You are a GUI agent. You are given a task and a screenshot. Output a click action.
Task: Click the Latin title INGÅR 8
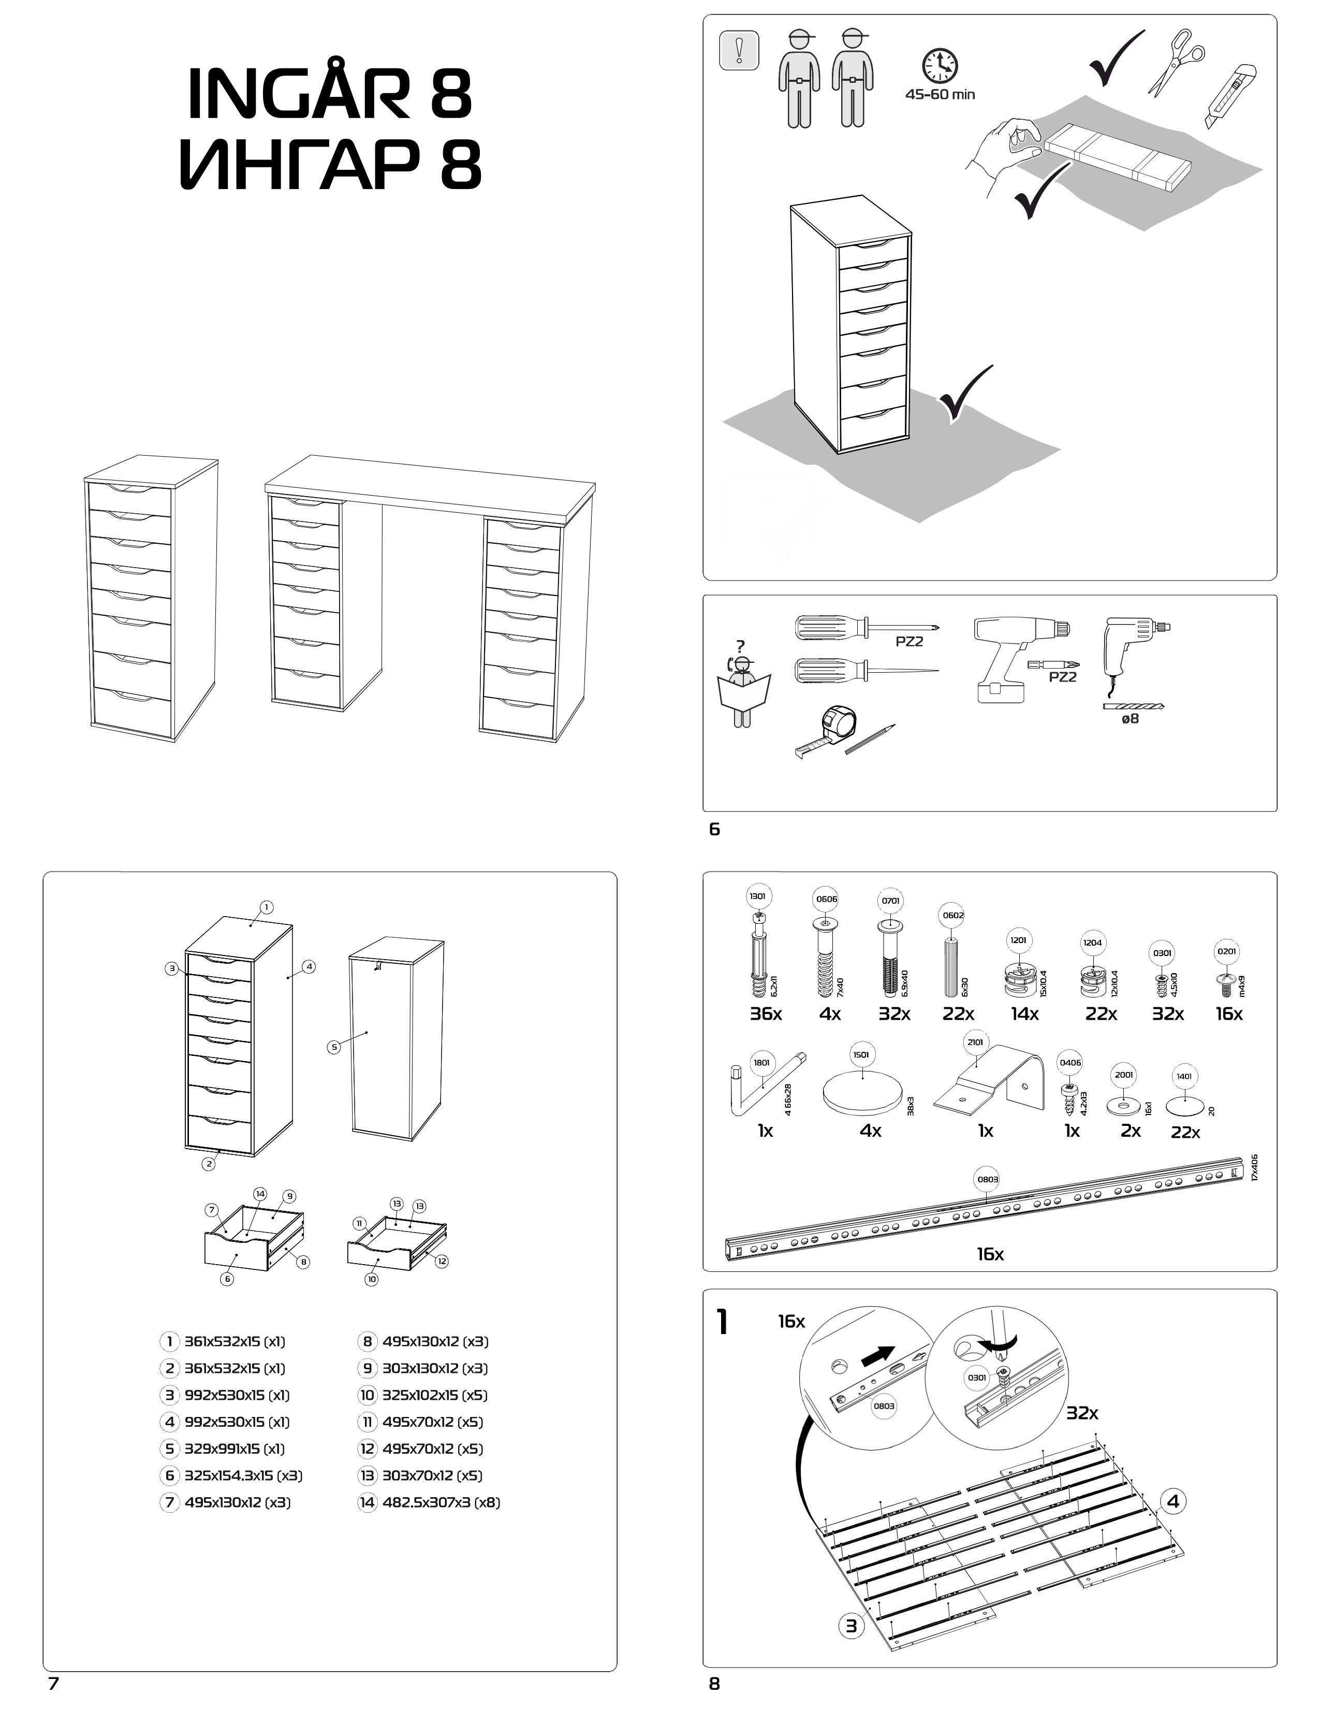coord(330,93)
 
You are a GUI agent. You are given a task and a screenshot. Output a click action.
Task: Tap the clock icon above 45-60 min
coord(940,66)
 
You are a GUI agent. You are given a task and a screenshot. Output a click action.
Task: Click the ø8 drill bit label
coord(1130,718)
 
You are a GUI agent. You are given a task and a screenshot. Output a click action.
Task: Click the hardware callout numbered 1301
coord(757,896)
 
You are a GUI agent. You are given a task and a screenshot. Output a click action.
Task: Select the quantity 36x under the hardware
coord(766,1014)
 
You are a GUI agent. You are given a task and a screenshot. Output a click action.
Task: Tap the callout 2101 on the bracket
coord(975,1042)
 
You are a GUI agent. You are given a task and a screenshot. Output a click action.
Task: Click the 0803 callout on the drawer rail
coord(988,1179)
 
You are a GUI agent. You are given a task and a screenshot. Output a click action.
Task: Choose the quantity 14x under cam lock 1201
coord(1024,1014)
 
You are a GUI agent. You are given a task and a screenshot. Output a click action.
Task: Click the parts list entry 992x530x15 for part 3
coord(236,1395)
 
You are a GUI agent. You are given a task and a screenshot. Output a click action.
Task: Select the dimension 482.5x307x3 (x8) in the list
coord(441,1502)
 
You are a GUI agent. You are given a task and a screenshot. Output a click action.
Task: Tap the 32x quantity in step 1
coord(1082,1413)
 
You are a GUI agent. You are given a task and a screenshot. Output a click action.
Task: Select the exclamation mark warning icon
coord(738,51)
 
